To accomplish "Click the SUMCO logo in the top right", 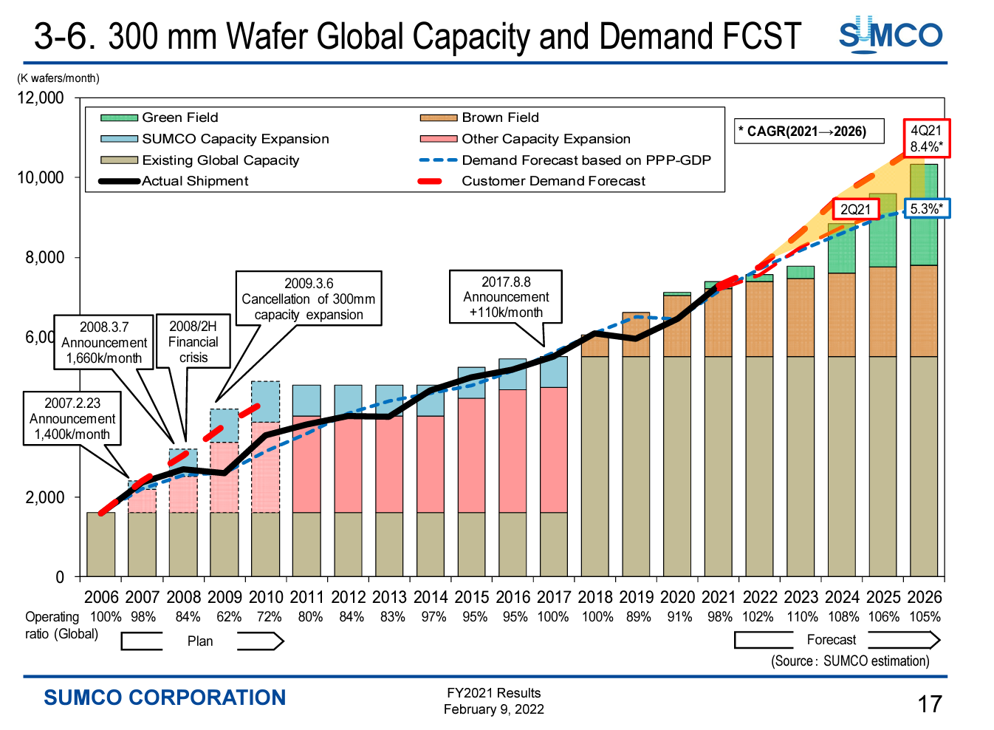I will pos(890,35).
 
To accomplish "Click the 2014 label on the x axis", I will pos(431,597).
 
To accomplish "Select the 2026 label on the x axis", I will pos(924,597).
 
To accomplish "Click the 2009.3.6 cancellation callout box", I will pos(309,299).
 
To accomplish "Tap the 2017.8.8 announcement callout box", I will pos(506,296).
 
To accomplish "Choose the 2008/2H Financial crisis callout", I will pos(193,341).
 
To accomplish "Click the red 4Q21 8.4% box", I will pos(926,138).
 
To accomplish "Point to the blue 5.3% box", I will pos(926,209).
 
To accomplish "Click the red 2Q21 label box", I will pos(856,210).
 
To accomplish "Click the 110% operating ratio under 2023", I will pos(802,617).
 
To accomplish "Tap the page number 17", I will pos(930,704).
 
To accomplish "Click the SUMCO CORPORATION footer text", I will pos(165,697).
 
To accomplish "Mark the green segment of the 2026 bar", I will pos(924,214).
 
